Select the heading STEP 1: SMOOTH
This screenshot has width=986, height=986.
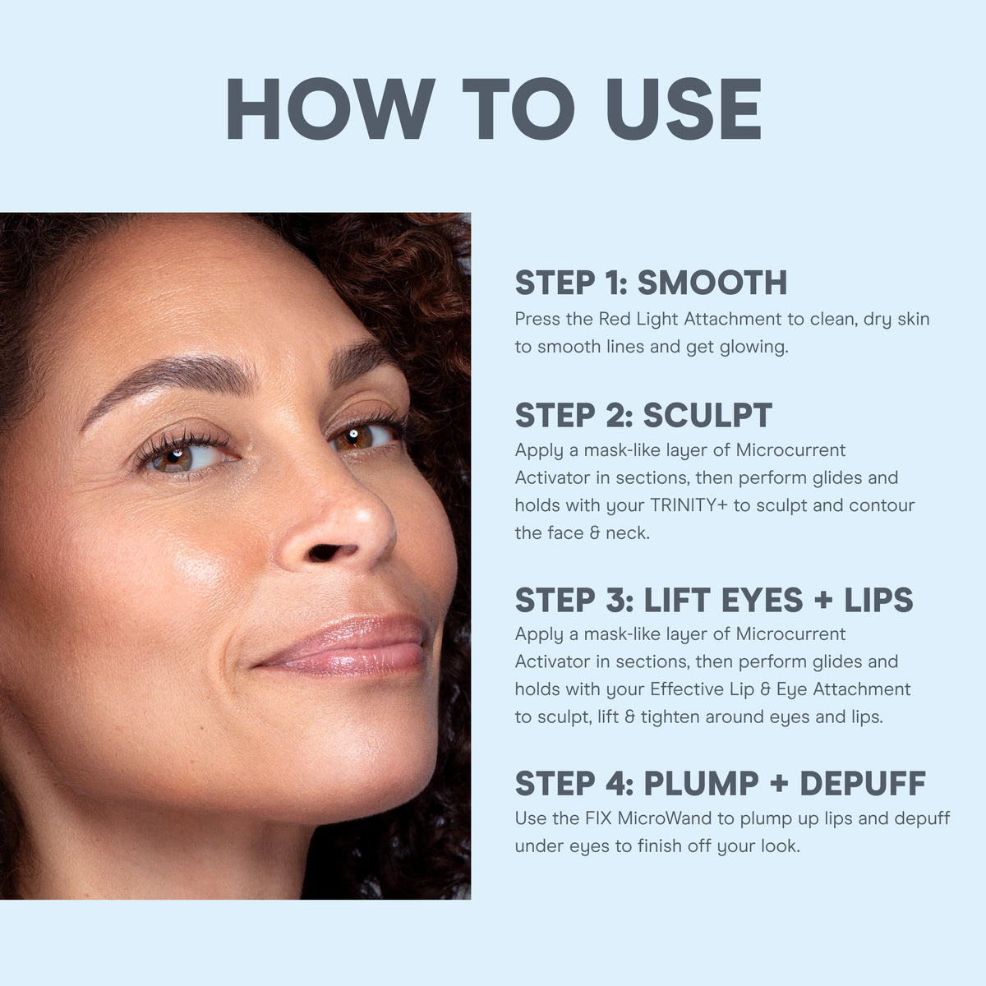651,283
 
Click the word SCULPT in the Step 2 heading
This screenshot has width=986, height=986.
707,416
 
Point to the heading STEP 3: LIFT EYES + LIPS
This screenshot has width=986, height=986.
713,600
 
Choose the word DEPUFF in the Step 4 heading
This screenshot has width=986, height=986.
862,784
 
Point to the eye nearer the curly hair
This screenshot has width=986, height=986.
362,435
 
